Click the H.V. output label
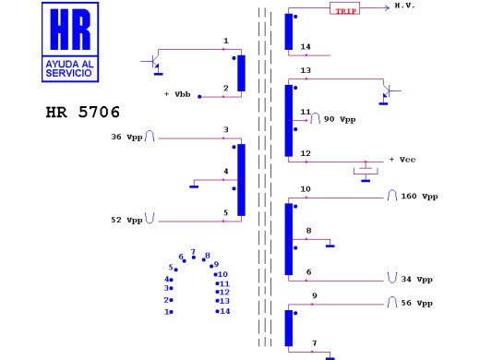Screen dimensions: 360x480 tap(404, 6)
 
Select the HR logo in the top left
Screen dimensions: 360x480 tap(70, 42)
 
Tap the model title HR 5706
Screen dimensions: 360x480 tap(82, 113)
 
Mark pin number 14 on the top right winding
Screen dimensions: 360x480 tap(306, 46)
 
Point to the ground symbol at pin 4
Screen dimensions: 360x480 tap(194, 184)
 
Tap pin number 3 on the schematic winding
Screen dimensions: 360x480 tap(225, 130)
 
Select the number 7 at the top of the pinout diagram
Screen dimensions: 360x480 tap(193, 251)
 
